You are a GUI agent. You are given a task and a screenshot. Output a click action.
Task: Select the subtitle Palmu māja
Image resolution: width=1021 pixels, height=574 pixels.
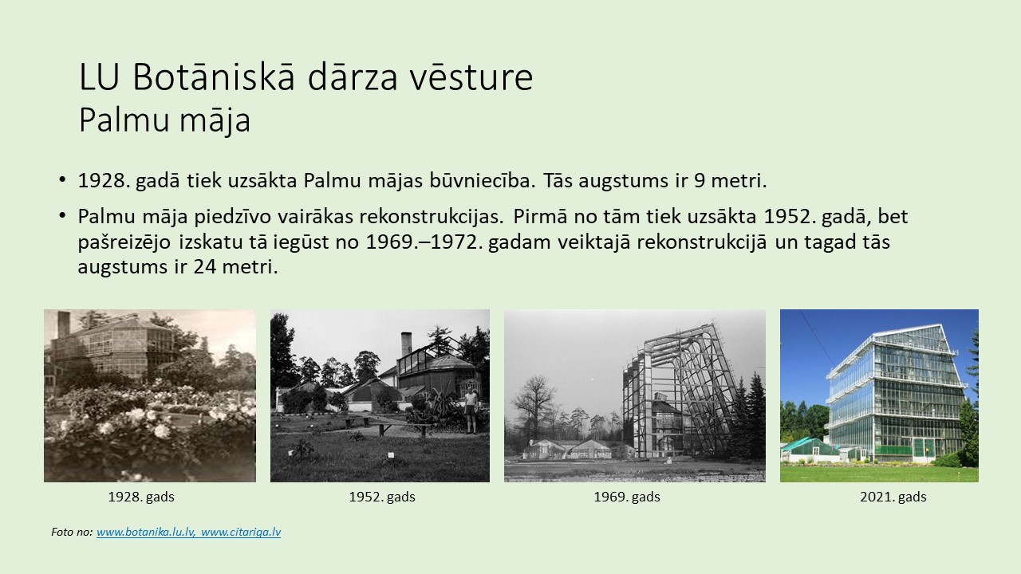[164, 120]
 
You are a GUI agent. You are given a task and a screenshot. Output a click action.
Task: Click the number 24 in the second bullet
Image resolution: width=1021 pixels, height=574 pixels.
[205, 266]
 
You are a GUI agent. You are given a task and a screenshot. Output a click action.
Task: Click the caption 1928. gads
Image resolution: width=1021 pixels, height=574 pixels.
[141, 497]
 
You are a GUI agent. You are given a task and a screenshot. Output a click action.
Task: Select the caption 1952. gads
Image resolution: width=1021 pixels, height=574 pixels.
[382, 497]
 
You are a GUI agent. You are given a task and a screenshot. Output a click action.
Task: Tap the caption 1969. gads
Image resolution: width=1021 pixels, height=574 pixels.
[627, 497]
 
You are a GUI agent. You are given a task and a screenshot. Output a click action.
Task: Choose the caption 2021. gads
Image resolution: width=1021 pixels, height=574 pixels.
[893, 497]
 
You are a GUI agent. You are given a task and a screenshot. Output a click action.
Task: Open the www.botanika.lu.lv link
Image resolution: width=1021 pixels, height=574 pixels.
[146, 532]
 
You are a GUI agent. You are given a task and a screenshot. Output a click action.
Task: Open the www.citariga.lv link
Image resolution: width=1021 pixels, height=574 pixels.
[241, 532]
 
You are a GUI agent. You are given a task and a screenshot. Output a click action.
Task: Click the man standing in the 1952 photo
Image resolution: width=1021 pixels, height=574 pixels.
[471, 410]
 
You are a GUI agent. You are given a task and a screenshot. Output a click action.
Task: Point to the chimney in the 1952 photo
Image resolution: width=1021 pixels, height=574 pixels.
[406, 345]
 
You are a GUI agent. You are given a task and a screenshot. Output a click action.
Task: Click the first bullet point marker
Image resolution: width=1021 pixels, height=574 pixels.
[62, 179]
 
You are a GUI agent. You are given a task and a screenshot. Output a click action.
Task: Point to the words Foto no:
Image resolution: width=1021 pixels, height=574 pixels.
[72, 532]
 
